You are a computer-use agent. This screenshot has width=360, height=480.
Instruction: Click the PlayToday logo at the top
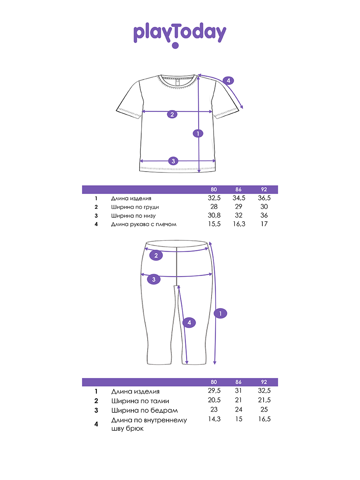click(x=180, y=34)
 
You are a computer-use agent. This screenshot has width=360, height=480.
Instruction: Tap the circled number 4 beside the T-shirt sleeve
click(x=228, y=80)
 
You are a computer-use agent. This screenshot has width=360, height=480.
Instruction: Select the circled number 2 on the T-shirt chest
click(x=172, y=114)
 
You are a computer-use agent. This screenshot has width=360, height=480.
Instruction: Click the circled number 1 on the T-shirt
click(x=198, y=134)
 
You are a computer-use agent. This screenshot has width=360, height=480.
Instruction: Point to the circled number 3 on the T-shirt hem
click(x=173, y=161)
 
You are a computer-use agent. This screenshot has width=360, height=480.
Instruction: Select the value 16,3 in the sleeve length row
click(x=239, y=224)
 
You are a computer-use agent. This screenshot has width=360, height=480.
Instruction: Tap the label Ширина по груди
click(x=132, y=207)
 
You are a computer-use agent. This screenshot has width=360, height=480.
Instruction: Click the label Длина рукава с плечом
click(x=144, y=224)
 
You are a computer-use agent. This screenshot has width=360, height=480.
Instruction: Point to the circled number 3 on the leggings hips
click(x=154, y=279)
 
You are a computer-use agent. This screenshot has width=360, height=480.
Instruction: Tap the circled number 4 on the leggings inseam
click(x=190, y=322)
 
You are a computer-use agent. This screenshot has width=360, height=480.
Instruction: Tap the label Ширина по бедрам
click(x=144, y=410)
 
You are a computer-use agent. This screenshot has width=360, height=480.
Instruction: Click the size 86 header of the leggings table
click(x=239, y=382)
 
